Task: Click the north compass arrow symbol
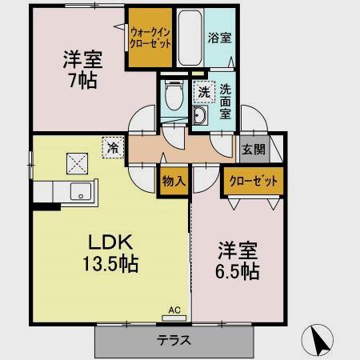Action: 318,340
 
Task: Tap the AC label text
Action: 174,310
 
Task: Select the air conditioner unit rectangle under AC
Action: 174,318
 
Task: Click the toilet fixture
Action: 174,95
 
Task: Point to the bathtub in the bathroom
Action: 190,38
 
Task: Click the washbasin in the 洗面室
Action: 200,115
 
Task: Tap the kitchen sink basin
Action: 81,191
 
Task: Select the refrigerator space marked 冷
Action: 113,147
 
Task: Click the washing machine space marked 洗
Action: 204,92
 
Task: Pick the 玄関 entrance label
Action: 254,150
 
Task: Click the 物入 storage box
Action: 174,182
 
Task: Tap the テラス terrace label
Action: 174,340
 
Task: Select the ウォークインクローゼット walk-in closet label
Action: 150,38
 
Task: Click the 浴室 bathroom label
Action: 219,38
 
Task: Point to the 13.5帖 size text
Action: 110,264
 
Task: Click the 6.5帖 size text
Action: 238,271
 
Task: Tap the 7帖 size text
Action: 83,80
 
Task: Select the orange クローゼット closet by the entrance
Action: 254,181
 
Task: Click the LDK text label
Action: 110,242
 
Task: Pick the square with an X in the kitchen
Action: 77,163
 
